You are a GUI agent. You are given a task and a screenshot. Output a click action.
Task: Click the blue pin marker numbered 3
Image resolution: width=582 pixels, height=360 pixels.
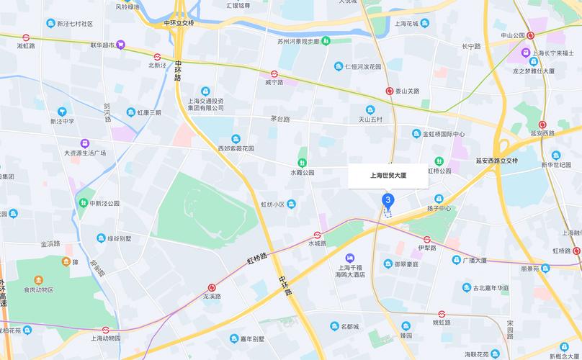click(x=388, y=200)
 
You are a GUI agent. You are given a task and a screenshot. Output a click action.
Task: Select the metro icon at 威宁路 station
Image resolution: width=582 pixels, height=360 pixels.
click(x=275, y=73)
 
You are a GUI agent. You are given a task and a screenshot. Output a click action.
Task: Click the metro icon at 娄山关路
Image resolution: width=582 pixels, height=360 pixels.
click(x=389, y=91)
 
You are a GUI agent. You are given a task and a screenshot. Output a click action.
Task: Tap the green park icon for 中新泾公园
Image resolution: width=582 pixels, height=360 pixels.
click(x=84, y=203)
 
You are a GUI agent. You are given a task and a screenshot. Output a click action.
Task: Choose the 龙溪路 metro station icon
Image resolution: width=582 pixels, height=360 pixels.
click(x=211, y=287)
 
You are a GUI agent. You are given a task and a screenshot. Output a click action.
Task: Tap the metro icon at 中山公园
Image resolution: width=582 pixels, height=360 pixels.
click(x=531, y=35)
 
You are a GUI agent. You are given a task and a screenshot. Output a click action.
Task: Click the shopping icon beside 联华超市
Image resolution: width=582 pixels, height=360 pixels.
click(x=122, y=45)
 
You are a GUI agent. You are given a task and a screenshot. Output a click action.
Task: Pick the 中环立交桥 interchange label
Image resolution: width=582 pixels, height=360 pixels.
click(x=179, y=23)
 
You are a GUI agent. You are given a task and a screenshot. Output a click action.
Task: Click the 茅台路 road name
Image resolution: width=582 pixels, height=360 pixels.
click(x=279, y=119)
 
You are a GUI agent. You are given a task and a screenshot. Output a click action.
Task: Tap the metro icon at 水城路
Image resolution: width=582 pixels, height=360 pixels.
click(x=317, y=235)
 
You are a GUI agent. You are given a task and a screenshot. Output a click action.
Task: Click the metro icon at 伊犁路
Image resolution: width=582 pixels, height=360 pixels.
click(x=427, y=239)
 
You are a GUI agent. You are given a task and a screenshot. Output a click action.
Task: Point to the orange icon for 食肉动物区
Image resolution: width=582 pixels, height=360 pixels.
click(x=37, y=279)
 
